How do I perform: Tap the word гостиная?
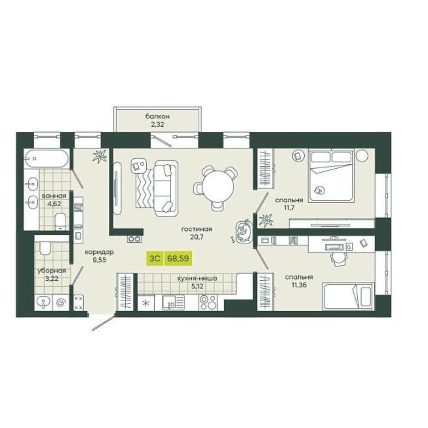[196, 229]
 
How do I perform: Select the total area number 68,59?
[178, 258]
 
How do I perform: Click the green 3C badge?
[155, 258]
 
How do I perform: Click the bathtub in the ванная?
[46, 158]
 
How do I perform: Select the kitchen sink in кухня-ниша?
[173, 303]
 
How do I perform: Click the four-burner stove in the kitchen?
[208, 303]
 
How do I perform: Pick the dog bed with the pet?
[244, 231]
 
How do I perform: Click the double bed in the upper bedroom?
[331, 176]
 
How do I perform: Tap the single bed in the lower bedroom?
[348, 297]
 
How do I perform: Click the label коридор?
[99, 252]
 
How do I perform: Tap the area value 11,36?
[299, 285]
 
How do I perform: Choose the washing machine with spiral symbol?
[61, 303]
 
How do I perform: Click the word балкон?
[158, 116]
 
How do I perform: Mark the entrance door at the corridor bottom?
[104, 323]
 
